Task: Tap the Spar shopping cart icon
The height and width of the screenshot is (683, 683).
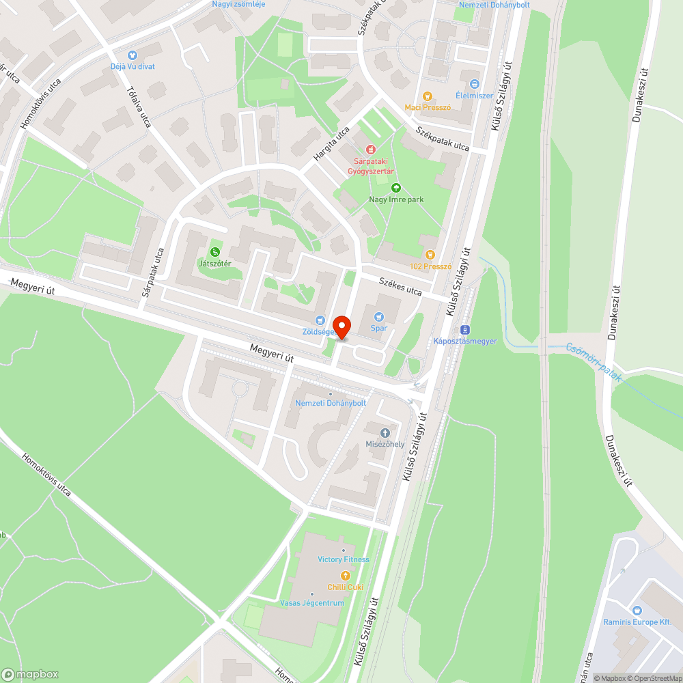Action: (380, 316)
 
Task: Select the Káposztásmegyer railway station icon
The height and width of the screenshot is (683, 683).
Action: (465, 329)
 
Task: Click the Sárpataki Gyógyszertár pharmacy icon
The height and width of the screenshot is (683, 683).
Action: (370, 149)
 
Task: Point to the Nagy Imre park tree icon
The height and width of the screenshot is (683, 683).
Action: (395, 188)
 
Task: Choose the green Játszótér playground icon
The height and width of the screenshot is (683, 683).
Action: (216, 252)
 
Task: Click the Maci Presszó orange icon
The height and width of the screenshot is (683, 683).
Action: (428, 96)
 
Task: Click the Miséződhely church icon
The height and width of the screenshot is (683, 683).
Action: (385, 432)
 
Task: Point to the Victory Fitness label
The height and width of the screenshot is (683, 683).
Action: (344, 559)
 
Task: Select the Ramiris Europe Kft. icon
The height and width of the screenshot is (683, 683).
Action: (637, 610)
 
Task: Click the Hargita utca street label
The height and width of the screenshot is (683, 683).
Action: (331, 144)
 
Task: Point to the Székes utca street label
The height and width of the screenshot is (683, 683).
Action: (400, 286)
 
